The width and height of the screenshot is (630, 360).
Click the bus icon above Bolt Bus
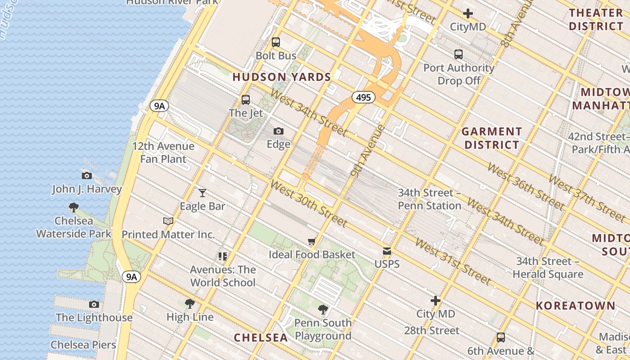point(276,42)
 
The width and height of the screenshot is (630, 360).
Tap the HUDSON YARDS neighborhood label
point(282,77)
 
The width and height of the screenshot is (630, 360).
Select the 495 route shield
point(363,97)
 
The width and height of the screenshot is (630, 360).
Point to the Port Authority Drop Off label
point(459,74)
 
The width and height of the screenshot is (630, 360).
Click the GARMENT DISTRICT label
point(492,138)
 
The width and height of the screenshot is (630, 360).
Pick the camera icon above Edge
point(279,131)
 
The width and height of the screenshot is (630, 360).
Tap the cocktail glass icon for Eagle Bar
point(202,193)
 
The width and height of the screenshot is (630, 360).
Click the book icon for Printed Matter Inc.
point(168,221)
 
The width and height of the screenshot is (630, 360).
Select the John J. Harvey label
point(87,189)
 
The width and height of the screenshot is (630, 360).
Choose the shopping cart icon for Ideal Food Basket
point(311,242)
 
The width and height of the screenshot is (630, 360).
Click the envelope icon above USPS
point(387,251)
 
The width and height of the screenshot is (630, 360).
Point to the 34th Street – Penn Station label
point(429,199)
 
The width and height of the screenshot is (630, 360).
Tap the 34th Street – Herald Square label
point(548,268)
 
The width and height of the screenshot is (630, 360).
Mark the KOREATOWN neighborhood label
point(575,306)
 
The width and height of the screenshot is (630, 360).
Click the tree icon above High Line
point(190,304)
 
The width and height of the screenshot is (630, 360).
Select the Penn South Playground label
point(323,329)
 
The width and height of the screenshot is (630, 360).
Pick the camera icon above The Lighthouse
point(94,305)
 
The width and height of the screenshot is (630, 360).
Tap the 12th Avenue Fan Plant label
point(163,153)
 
